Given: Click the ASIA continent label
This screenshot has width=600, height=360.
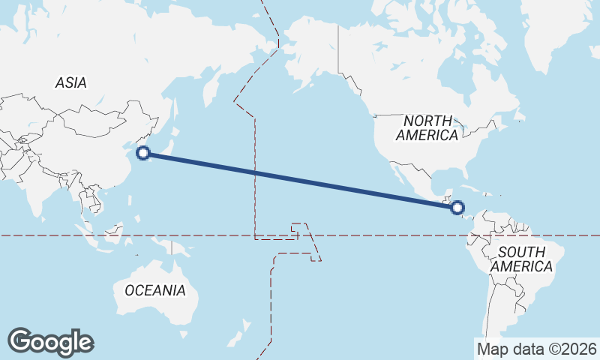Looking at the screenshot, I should (70, 82).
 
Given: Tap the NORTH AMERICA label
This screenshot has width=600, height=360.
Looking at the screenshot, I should (427, 128).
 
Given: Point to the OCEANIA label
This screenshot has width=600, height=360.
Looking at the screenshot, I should (155, 290).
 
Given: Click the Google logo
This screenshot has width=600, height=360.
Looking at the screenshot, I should (50, 342).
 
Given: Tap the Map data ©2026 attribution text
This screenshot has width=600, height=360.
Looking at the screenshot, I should (537, 349).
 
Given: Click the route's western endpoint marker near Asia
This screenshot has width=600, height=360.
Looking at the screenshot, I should (144, 154).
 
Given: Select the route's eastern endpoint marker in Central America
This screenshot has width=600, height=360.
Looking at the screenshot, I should (458, 207).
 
